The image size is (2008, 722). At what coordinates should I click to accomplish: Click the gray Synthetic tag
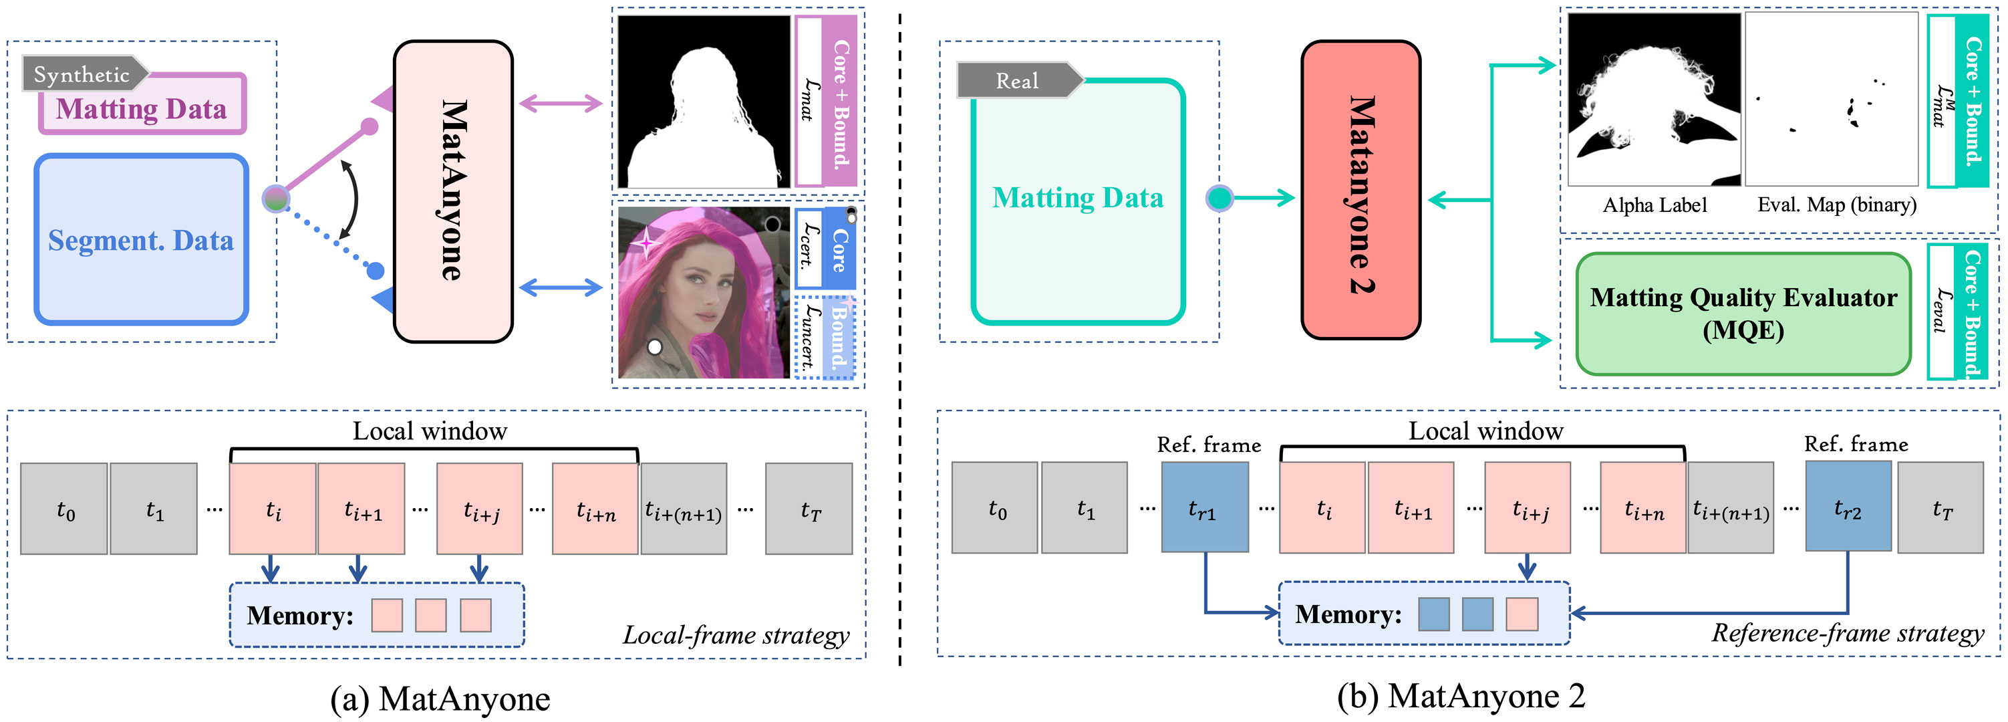click(x=84, y=74)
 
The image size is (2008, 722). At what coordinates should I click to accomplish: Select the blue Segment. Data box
click(x=141, y=239)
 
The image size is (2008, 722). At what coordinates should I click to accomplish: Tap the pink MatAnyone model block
click(x=453, y=191)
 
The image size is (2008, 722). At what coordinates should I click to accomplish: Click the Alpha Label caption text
click(x=1654, y=205)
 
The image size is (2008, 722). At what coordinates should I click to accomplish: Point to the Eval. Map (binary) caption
click(x=1836, y=205)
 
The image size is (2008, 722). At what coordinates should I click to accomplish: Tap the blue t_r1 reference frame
click(x=1204, y=507)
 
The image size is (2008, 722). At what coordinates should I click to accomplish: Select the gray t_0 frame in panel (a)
click(x=64, y=508)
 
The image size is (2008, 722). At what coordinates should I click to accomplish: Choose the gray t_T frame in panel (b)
click(x=1941, y=507)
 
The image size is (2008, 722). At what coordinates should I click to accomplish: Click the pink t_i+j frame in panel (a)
click(x=479, y=508)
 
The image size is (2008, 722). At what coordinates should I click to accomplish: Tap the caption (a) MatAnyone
click(x=440, y=699)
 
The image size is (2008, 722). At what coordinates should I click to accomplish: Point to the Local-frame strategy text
click(x=736, y=636)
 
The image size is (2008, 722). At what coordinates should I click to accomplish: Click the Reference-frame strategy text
click(x=1848, y=633)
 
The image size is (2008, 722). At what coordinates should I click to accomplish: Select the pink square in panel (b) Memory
click(x=1522, y=614)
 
